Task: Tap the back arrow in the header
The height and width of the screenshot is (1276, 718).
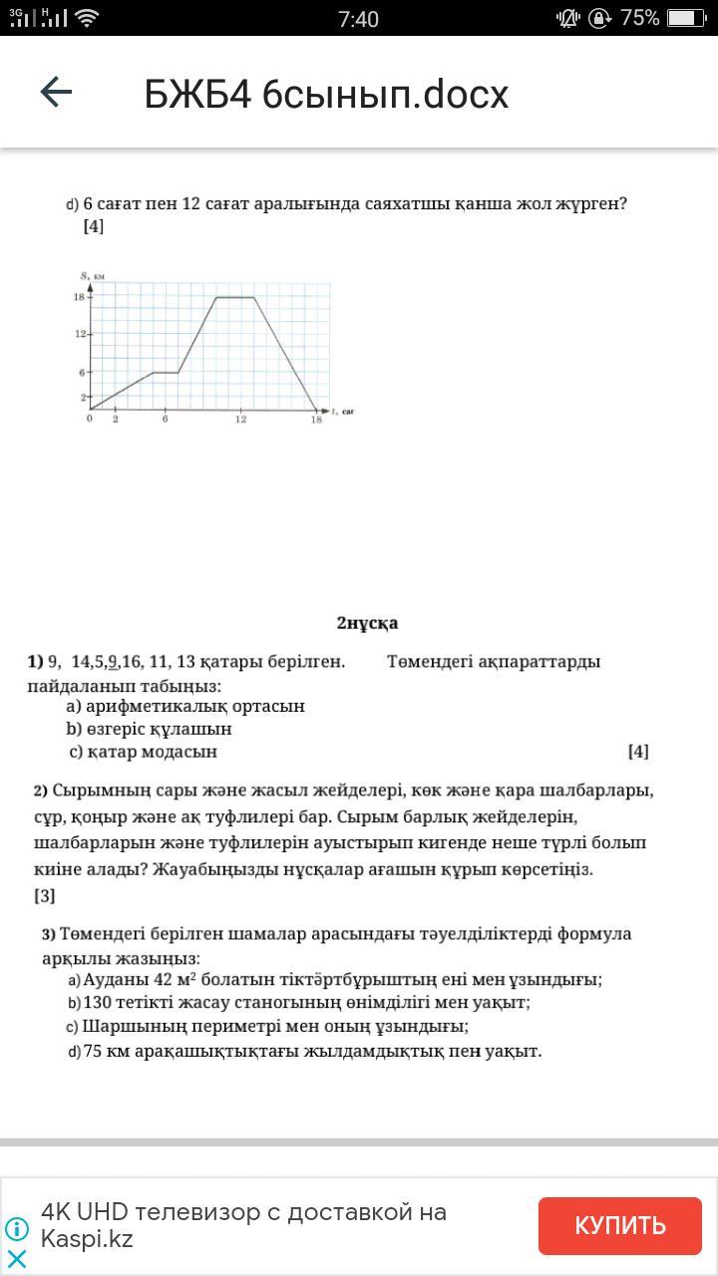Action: tap(56, 93)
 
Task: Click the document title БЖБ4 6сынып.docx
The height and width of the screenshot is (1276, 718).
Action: tap(326, 95)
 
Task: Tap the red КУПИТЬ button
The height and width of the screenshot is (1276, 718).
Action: tap(619, 1225)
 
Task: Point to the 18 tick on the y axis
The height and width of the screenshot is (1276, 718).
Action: tap(78, 297)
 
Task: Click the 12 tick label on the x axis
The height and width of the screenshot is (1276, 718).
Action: tap(241, 420)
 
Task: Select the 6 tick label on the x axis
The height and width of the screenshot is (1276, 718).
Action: tap(166, 420)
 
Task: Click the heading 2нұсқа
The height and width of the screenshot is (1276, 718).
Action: tap(367, 623)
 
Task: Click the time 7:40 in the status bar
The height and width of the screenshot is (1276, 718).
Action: tap(358, 19)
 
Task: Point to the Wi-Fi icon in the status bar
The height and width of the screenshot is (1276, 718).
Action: tap(87, 18)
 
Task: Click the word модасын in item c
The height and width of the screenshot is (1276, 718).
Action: tap(180, 752)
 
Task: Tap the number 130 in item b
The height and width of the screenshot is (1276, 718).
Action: tap(98, 1003)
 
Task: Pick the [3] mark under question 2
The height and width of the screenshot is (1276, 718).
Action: tap(45, 895)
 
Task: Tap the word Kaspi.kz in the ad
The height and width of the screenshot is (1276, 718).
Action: tap(87, 1239)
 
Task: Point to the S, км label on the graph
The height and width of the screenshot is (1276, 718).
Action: tap(93, 275)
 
